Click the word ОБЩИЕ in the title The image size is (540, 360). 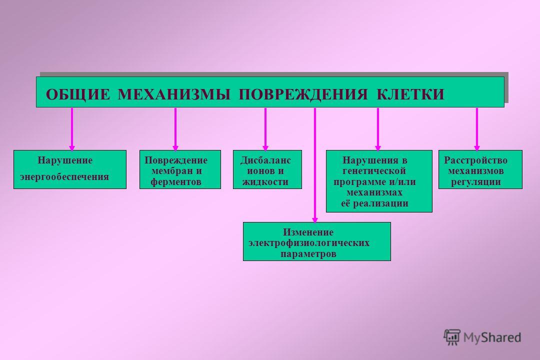coord(78,94)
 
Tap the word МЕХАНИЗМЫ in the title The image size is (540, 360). coord(174,94)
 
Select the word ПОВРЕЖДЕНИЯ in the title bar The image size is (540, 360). coord(303,94)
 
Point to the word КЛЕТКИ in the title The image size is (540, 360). coord(410,94)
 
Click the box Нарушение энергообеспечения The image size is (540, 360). coord(70,169)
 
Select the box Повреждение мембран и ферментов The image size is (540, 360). coord(180,169)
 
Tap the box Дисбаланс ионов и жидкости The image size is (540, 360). coord(267,169)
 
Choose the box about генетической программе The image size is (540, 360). coord(379,181)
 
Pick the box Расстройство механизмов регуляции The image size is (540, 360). coord(480,169)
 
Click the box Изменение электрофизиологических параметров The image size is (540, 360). coord(317,241)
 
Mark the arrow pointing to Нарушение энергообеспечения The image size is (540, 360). coord(72,129)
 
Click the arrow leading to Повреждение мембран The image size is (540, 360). coord(175,129)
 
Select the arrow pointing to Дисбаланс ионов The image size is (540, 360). coord(265,129)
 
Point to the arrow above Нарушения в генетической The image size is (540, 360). coord(378,129)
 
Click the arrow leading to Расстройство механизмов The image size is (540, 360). coord(477,129)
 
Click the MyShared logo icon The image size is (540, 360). coord(452,337)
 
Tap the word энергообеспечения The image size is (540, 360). coord(64,177)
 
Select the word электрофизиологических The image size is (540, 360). coord(309,243)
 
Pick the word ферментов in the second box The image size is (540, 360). coord(175,182)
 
